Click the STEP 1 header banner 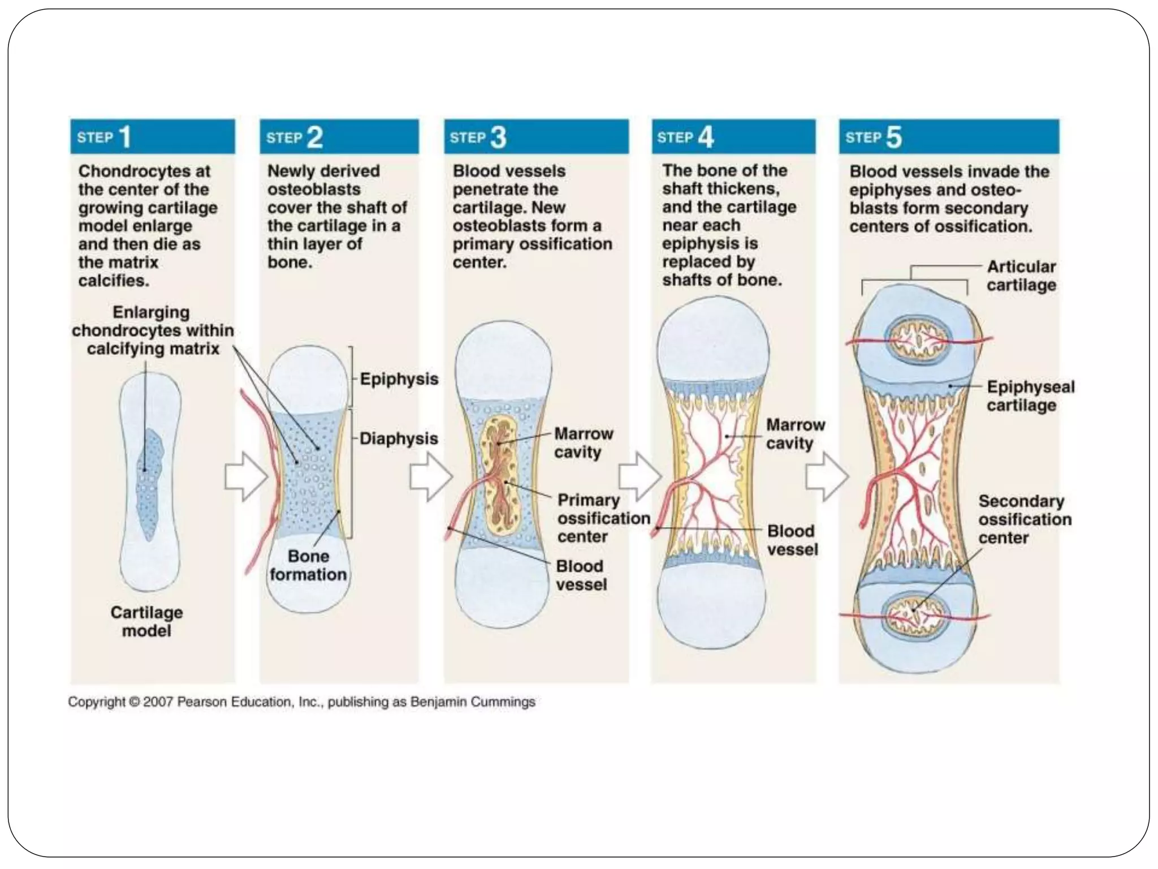coord(152,136)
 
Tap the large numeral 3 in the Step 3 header coord(498,137)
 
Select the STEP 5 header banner coord(949,136)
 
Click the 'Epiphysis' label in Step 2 coord(399,378)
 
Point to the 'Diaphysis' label coord(399,438)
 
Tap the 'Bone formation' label coord(308,565)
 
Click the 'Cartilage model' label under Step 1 coord(146,621)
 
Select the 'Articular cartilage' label coord(1021,276)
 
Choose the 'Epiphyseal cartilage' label coord(1030,395)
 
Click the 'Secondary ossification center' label coord(1025,519)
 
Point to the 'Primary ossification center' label coord(603,518)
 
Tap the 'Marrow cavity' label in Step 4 coord(795,433)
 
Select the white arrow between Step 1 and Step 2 coord(245,476)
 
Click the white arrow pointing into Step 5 coord(826,476)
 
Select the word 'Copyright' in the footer coord(97,702)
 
